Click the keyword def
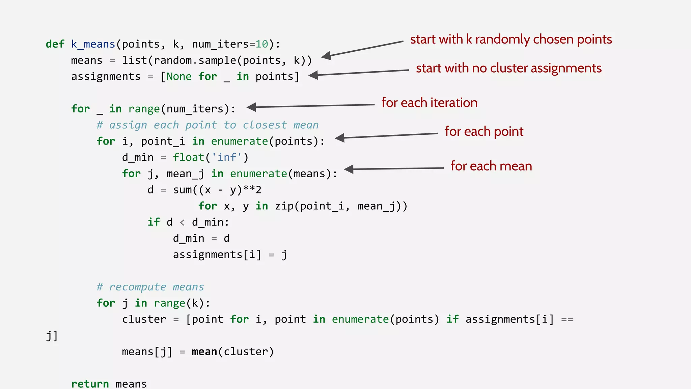55,44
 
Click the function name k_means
93,44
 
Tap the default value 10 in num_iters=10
262,44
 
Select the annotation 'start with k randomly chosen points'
511,40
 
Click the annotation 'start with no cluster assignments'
508,68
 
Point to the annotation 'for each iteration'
429,103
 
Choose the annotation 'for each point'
484,131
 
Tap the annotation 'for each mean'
491,166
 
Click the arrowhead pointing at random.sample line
327,56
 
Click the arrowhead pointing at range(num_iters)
252,107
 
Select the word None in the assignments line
179,77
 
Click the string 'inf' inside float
226,157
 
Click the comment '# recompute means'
150,287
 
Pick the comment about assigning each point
208,125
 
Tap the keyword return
90,384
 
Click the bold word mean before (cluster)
204,352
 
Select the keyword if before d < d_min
154,222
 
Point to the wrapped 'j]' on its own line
52,336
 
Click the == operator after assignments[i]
567,319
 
